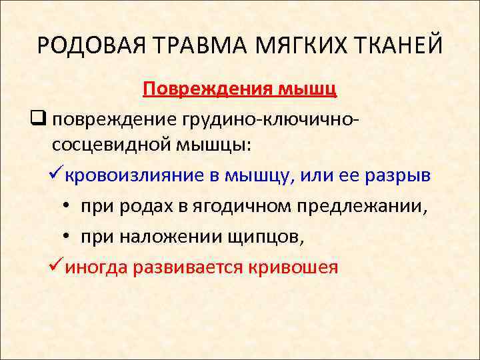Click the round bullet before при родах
(x=69, y=205)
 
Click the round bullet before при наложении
(x=69, y=236)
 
